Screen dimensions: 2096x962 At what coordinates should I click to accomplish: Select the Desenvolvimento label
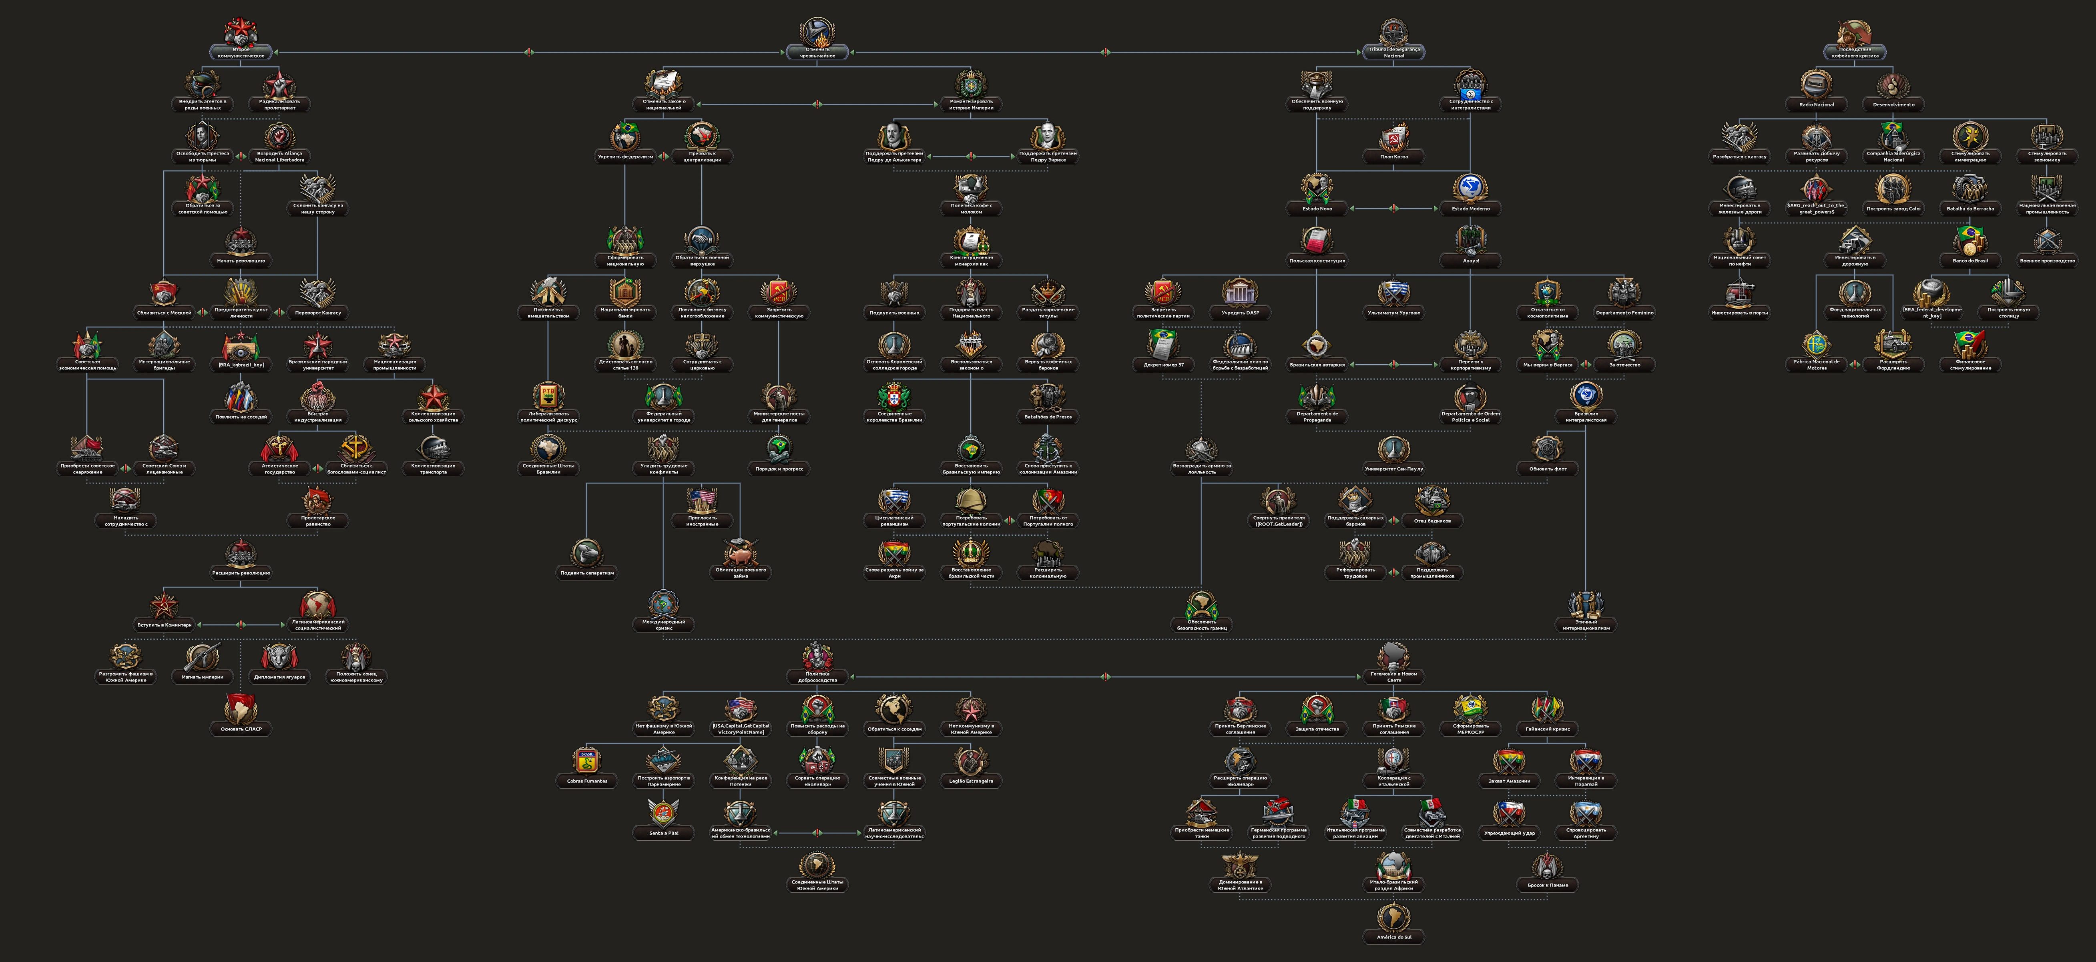click(1893, 104)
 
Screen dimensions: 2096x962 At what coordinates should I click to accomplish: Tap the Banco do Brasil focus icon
click(1970, 240)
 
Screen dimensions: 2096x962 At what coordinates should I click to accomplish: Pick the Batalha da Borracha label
click(1970, 208)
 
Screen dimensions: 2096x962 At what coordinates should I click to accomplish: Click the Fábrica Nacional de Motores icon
click(1816, 344)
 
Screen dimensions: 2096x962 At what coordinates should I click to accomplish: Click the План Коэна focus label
click(1394, 156)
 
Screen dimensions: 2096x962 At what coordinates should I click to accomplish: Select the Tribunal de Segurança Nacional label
click(1394, 52)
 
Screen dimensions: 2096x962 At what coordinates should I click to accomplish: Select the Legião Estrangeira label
click(971, 781)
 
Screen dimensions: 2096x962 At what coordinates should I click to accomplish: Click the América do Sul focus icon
click(1394, 917)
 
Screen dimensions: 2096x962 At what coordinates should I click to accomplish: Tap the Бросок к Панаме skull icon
click(1547, 865)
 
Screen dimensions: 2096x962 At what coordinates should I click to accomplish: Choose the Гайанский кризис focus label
click(1547, 729)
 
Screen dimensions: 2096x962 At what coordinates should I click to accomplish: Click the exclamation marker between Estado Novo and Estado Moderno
click(1394, 208)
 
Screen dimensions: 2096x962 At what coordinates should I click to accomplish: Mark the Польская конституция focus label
click(1317, 261)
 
